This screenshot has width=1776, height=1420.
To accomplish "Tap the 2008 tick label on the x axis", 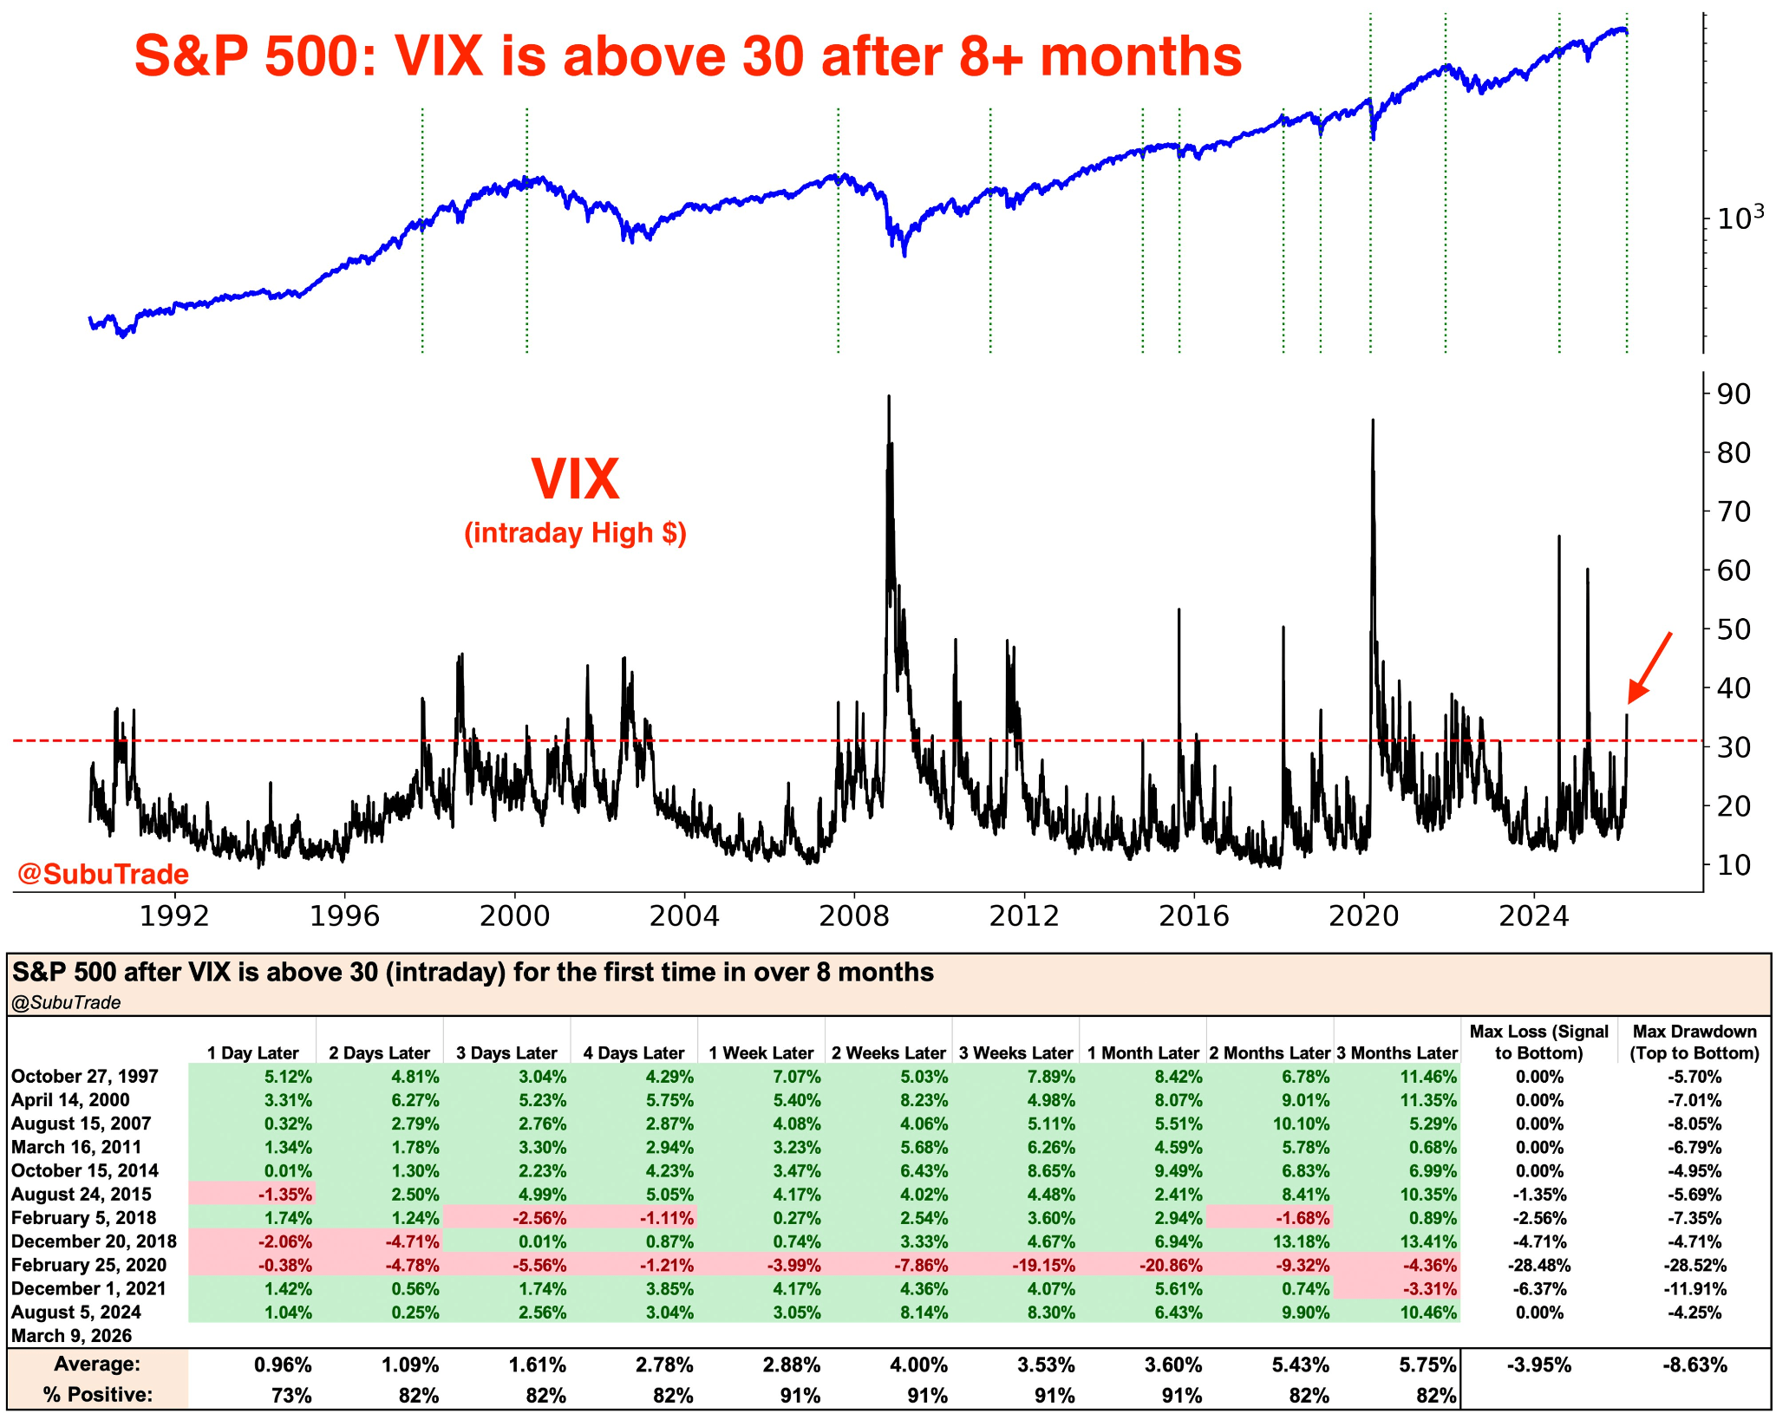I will [854, 915].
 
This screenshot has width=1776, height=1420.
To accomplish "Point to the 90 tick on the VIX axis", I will [1727, 394].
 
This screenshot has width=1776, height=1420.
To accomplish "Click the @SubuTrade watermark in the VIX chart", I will [103, 874].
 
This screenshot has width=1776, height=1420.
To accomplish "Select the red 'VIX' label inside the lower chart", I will [575, 479].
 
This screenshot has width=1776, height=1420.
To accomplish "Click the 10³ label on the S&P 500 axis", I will [1740, 218].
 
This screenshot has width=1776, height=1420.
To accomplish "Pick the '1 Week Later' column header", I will [761, 1052].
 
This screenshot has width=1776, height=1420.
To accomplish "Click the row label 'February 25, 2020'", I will [88, 1265].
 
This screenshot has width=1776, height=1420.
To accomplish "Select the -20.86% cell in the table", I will [1170, 1265].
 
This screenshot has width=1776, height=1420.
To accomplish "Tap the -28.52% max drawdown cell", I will [1694, 1265].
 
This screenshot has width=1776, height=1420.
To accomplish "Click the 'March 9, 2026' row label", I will [72, 1335].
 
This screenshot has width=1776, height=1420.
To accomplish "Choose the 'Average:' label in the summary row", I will [97, 1365].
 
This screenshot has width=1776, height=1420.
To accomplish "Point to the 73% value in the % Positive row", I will [291, 1395].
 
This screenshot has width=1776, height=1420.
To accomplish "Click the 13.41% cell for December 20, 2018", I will [1427, 1241].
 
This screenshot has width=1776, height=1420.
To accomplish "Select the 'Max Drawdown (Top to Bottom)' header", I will [1694, 1042].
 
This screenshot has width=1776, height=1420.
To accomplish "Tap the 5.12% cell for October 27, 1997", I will [288, 1077].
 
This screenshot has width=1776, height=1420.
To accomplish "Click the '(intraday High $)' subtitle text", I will [575, 532].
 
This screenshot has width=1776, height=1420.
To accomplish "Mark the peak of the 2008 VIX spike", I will [889, 397].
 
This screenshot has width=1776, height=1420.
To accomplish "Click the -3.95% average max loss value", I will [1538, 1365].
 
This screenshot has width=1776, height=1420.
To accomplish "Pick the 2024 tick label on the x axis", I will [1533, 915].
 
